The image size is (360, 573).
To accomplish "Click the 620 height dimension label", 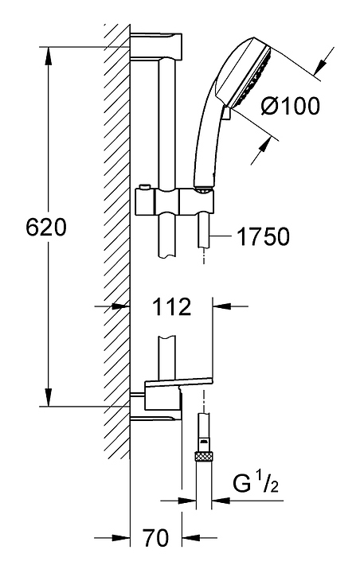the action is click(x=46, y=228).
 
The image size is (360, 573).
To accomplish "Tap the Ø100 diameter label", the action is click(x=291, y=106).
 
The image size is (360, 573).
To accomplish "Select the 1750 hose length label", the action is click(x=263, y=236).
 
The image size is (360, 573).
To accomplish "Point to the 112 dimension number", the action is click(x=171, y=306).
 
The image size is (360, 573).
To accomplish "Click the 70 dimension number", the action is click(x=156, y=538).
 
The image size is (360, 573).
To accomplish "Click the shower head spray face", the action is click(x=256, y=76).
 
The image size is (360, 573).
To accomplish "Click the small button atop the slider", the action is click(x=144, y=188).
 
